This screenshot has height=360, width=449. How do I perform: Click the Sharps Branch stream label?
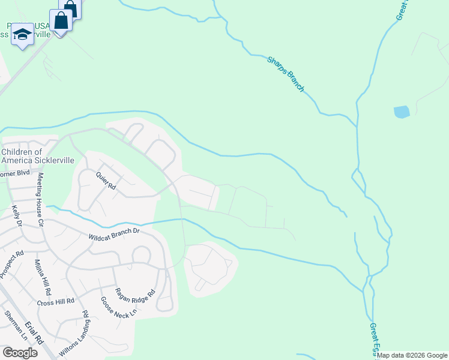click(286, 74)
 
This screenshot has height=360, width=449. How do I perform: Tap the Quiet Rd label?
click(106, 179)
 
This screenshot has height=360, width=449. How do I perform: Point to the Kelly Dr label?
click(17, 215)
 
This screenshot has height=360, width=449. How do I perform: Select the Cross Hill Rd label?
click(55, 302)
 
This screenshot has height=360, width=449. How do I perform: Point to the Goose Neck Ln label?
click(119, 307)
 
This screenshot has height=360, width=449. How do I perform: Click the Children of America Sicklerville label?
click(29, 157)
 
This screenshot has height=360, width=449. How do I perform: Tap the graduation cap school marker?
click(22, 35)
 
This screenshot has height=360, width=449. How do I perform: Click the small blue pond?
click(402, 112)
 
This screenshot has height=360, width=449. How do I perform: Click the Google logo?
click(20, 353)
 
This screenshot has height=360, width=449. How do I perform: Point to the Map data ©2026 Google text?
click(412, 355)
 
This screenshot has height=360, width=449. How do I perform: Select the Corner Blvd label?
click(14, 174)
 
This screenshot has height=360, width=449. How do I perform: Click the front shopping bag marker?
click(61, 21)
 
